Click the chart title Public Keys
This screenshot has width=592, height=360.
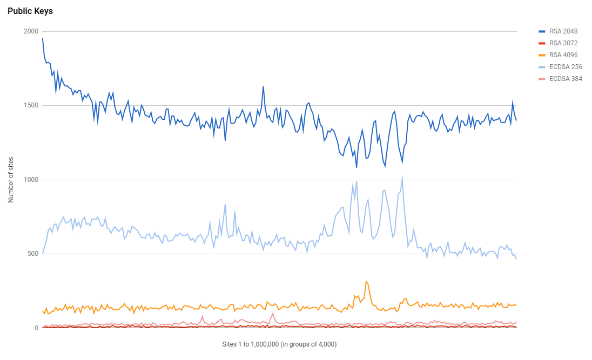click(x=30, y=11)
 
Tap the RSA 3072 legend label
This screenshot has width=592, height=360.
click(x=563, y=43)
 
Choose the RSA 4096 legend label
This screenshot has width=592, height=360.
click(x=563, y=55)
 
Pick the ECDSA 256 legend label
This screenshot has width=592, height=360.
click(x=566, y=66)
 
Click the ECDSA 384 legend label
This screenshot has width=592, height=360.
click(x=566, y=78)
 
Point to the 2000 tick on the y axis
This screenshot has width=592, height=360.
click(x=31, y=31)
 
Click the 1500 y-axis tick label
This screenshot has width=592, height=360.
click(x=31, y=105)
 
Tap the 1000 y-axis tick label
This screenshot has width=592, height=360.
click(x=31, y=180)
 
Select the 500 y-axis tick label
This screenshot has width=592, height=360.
click(x=32, y=254)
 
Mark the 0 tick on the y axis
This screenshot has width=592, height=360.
click(x=36, y=328)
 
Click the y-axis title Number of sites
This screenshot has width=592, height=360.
click(x=11, y=180)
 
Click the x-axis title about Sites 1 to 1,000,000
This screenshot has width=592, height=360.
click(x=279, y=344)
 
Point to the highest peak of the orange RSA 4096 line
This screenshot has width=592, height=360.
click(x=366, y=281)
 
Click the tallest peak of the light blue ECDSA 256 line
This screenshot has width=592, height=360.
click(x=402, y=176)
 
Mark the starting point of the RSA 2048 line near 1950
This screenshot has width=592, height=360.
click(x=43, y=38)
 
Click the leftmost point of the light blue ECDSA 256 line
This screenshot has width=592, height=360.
click(x=43, y=253)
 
